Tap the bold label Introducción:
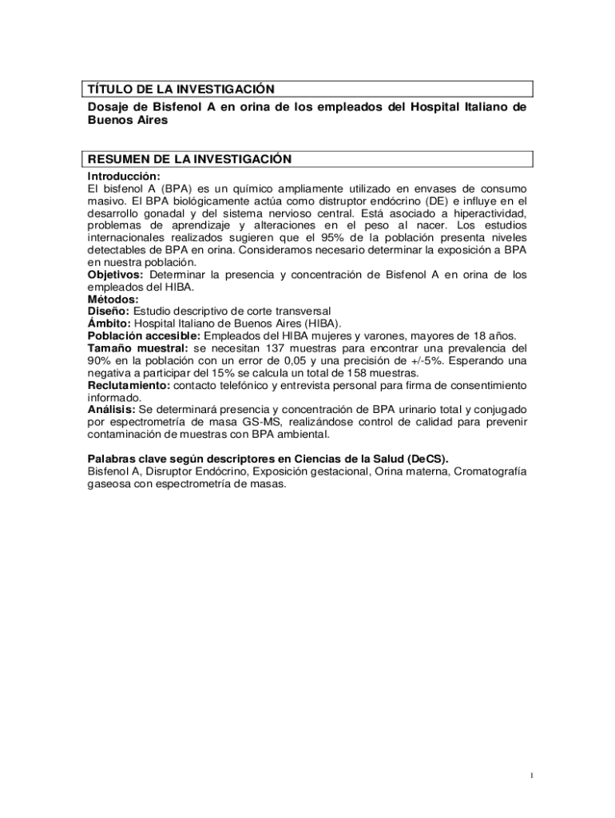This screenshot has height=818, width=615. pyautogui.click(x=124, y=176)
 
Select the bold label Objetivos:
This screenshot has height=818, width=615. pyautogui.click(x=115, y=275)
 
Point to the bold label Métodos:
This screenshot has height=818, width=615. pyautogui.click(x=113, y=299)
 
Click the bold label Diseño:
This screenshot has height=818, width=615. pyautogui.click(x=109, y=311)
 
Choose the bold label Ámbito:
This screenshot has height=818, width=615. pyautogui.click(x=109, y=324)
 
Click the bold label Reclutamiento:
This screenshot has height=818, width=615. pyautogui.click(x=129, y=385)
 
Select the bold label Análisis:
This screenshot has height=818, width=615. pyautogui.click(x=111, y=410)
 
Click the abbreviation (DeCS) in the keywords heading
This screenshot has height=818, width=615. pyautogui.click(x=426, y=459)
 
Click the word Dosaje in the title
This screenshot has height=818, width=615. pyautogui.click(x=109, y=107)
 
